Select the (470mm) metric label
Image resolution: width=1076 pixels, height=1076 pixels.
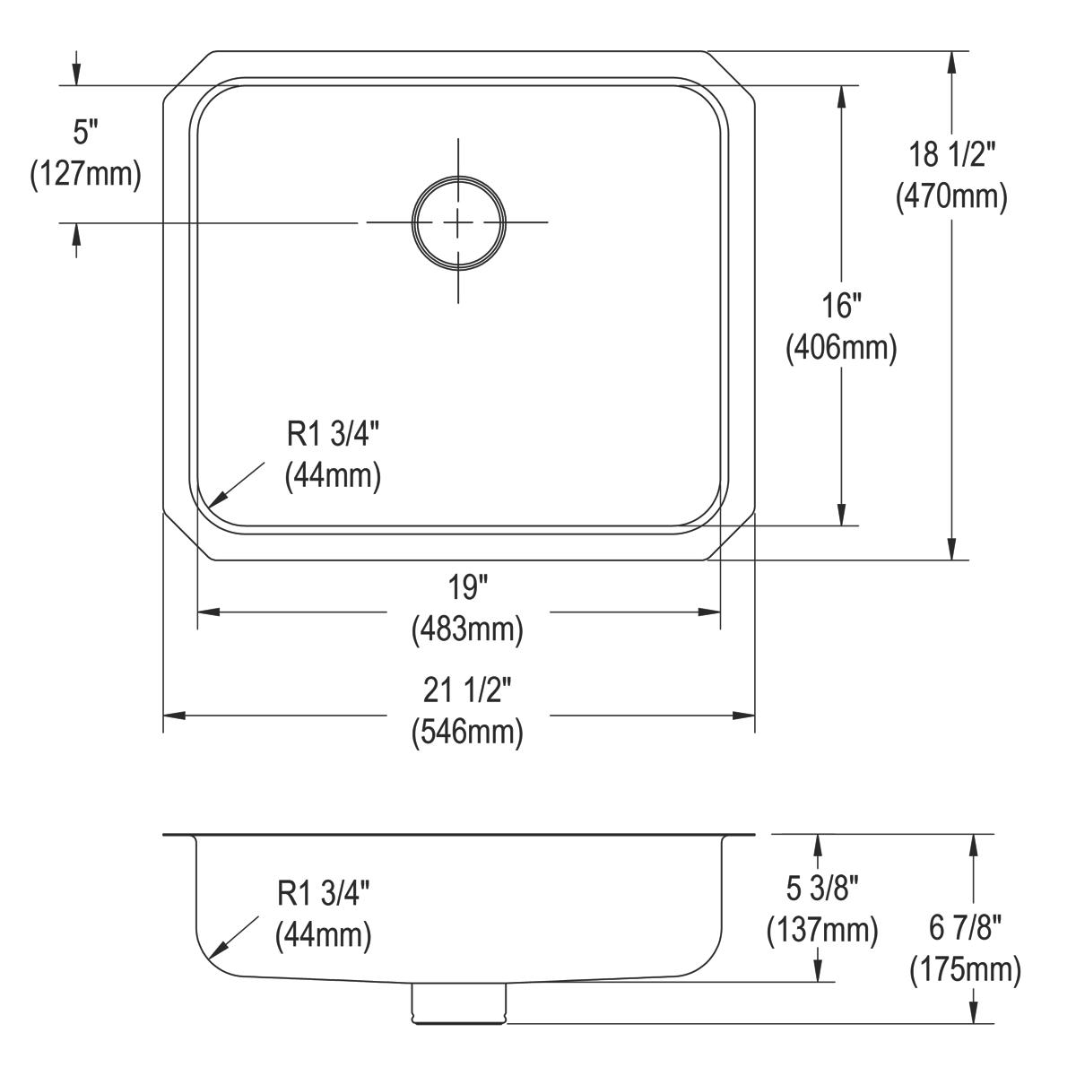click(x=951, y=195)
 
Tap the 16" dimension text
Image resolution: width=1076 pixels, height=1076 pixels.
click(x=841, y=307)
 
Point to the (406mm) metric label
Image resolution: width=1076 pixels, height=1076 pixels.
click(x=841, y=348)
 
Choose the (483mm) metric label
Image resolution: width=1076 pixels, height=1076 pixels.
click(x=467, y=629)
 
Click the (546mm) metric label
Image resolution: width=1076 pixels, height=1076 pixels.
click(x=467, y=733)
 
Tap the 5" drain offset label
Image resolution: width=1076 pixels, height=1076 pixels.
click(x=85, y=134)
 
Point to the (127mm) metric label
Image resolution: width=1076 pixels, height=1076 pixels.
click(x=85, y=174)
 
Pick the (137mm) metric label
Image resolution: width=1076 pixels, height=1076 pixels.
click(x=822, y=930)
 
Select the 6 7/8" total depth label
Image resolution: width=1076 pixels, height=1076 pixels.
click(x=965, y=929)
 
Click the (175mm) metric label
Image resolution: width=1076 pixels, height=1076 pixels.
click(x=965, y=969)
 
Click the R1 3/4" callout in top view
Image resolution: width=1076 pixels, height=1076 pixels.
click(x=333, y=435)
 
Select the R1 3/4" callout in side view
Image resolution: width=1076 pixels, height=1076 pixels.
click(x=323, y=894)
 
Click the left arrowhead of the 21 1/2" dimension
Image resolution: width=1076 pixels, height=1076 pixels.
click(x=173, y=716)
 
